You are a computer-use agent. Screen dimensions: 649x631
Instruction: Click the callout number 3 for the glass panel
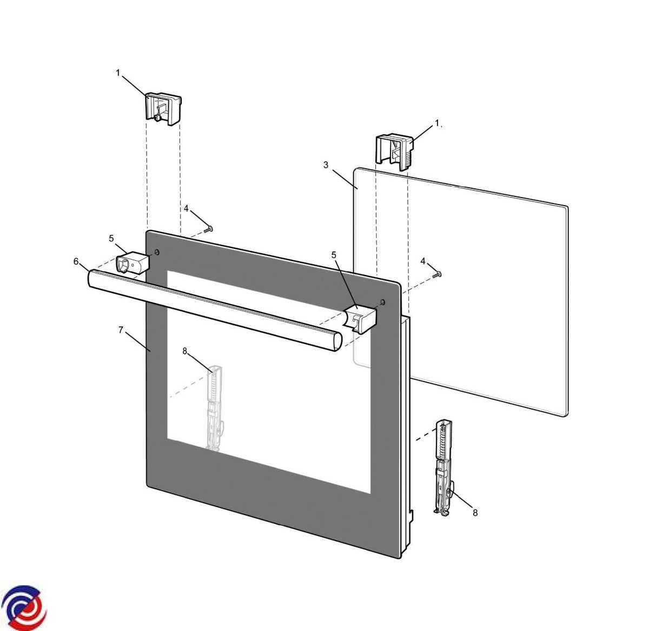326,165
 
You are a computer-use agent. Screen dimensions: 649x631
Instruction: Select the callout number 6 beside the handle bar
76,261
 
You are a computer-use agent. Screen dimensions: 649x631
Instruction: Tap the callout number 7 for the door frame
121,330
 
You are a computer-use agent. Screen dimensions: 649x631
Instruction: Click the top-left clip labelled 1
163,109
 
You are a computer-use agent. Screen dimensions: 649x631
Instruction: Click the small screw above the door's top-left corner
208,229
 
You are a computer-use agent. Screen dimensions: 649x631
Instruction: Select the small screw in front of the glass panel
436,275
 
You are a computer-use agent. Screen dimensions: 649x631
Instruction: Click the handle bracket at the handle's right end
360,319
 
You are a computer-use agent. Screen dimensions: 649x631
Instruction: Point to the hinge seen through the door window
215,409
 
